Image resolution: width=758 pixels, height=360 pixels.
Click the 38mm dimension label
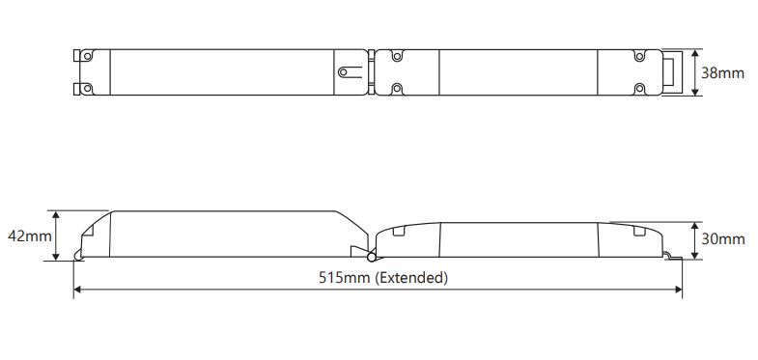point(722,73)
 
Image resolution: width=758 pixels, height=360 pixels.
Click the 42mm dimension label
point(30,236)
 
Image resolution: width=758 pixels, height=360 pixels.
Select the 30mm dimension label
point(723,239)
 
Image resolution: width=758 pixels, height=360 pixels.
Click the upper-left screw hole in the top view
point(87,56)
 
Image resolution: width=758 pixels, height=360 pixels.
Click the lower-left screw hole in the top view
point(87,89)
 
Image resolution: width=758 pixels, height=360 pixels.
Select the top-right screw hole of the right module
point(639,56)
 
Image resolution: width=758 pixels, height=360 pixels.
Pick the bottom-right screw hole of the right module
point(639,89)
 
